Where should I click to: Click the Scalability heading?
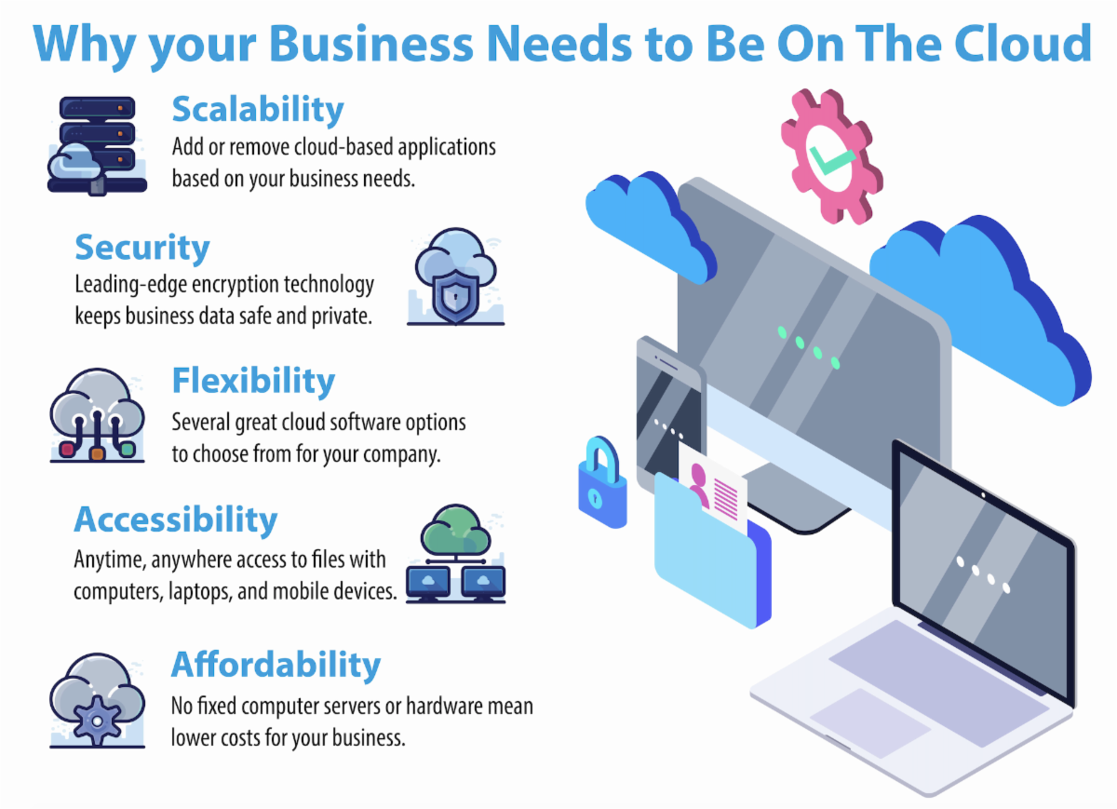click(258, 110)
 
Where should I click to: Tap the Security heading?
click(142, 249)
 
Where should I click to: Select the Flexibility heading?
click(253, 381)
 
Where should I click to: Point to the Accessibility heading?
click(176, 519)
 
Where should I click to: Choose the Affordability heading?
click(276, 665)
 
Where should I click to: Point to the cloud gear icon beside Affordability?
click(97, 700)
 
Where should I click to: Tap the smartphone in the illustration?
click(669, 410)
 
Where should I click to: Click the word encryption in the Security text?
click(246, 285)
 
